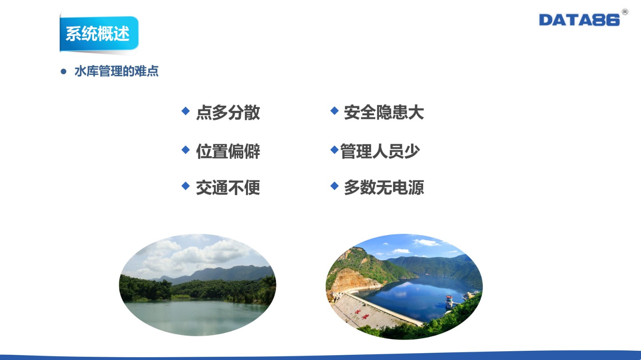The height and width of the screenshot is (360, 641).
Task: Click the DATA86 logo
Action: tap(579, 20)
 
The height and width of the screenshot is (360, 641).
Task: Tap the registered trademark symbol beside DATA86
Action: tap(625, 12)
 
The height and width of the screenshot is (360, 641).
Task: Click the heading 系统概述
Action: tap(98, 34)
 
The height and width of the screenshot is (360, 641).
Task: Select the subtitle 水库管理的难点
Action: tap(117, 71)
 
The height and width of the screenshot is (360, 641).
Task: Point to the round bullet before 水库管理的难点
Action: tap(63, 72)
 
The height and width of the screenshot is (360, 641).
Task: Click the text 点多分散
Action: tap(228, 113)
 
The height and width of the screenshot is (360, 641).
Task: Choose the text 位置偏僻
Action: tap(228, 151)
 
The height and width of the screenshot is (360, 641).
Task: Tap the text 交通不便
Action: tap(228, 187)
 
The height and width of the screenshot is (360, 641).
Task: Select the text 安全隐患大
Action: tap(384, 113)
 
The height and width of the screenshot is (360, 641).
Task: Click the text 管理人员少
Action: tap(380, 151)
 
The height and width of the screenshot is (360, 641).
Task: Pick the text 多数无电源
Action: tap(384, 187)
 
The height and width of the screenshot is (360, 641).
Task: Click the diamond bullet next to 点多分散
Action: tap(185, 111)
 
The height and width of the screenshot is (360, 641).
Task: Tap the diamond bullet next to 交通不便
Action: tap(185, 186)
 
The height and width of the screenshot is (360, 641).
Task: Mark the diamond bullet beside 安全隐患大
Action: tap(335, 111)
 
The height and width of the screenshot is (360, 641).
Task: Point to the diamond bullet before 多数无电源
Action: tap(335, 186)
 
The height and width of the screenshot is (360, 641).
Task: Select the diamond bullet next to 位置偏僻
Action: tap(185, 150)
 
